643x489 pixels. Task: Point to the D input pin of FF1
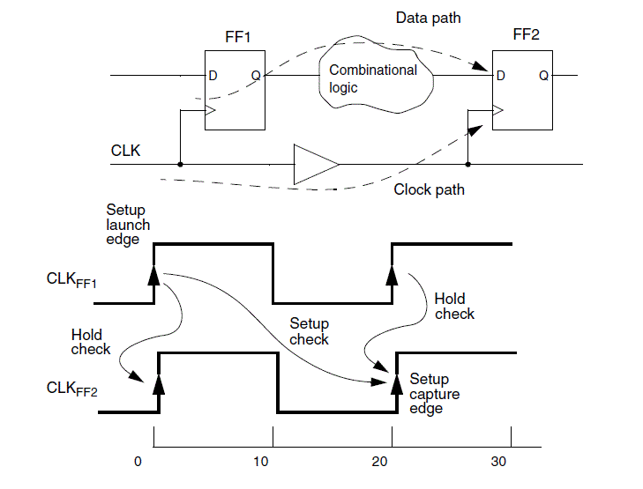click(x=213, y=76)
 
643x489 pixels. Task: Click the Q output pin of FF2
click(x=543, y=76)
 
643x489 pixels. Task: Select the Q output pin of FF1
click(x=255, y=76)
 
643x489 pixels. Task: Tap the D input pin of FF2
click(x=501, y=76)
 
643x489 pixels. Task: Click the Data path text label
click(x=427, y=18)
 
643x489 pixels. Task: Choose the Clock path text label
click(x=429, y=189)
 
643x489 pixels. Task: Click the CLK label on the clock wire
click(x=126, y=151)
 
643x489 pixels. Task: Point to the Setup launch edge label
click(x=128, y=225)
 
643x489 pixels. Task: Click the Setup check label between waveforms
click(x=309, y=332)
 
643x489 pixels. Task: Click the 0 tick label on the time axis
click(x=138, y=461)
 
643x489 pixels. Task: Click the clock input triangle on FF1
click(x=210, y=111)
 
